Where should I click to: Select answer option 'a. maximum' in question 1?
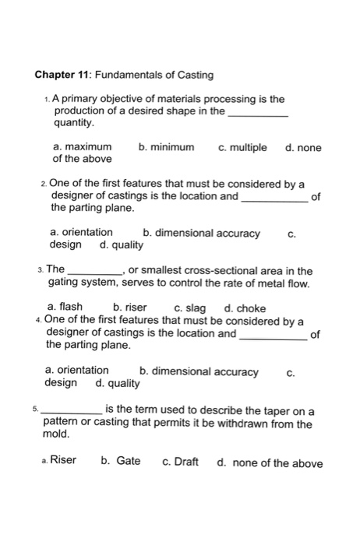tap(82, 147)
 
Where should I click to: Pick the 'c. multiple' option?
tap(242, 147)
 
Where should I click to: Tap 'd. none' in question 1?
tap(303, 147)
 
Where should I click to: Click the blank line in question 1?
tap(259, 114)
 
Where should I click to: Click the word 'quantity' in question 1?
tap(72, 123)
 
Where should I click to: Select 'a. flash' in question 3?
tap(65, 306)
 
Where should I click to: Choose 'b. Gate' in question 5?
tap(121, 460)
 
